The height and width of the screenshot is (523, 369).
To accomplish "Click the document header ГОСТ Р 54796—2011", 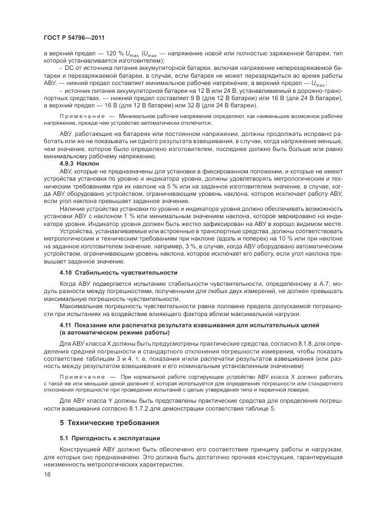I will [70, 37].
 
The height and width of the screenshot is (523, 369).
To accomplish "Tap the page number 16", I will [47, 474].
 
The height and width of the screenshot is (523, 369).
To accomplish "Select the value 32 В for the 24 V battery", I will [191, 105].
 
